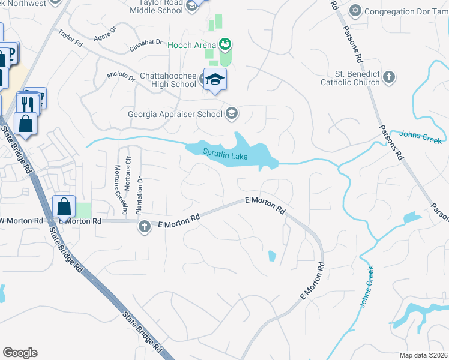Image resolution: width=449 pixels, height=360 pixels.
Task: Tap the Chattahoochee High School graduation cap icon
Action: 213,79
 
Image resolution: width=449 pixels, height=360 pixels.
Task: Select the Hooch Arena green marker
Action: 225,43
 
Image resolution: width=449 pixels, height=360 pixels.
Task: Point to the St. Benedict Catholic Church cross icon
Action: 389,77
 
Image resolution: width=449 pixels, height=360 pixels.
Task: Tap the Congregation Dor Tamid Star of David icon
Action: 356,11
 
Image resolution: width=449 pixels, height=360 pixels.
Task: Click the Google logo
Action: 20,353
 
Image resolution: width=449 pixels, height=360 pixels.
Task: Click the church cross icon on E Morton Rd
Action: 144,227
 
